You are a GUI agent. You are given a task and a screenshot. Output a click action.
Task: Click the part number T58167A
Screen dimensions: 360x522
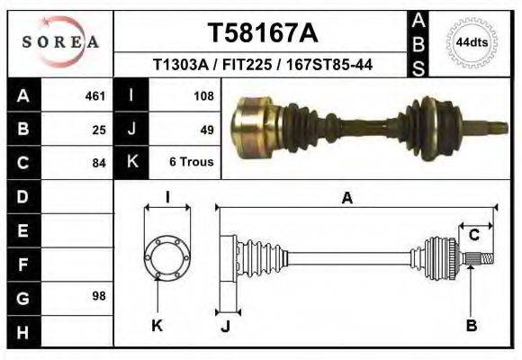click(263, 33)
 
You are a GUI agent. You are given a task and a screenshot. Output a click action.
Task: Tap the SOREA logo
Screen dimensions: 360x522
click(59, 41)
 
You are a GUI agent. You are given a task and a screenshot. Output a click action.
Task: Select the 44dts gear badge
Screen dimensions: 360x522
click(472, 42)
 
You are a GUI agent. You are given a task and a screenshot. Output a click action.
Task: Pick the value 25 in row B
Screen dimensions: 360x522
click(99, 129)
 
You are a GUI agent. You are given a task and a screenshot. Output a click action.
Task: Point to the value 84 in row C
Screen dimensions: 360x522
click(99, 163)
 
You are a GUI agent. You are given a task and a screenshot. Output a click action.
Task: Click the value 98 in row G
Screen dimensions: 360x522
click(99, 296)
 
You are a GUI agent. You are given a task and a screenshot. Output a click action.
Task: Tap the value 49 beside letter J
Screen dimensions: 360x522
click(206, 129)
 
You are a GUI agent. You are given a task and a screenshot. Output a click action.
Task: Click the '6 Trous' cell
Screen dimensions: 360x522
click(191, 163)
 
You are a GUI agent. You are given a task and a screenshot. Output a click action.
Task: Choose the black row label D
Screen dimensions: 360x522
click(23, 196)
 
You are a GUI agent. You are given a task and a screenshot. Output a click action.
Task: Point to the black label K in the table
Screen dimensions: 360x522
click(132, 163)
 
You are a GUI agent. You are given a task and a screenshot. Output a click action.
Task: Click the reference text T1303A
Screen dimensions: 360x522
click(179, 65)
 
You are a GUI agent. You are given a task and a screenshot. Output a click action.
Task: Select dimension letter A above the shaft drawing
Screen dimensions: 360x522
click(346, 199)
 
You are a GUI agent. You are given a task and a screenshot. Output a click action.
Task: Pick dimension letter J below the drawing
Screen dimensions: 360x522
click(226, 326)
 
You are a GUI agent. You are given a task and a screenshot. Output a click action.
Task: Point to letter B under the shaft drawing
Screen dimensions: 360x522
click(471, 326)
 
